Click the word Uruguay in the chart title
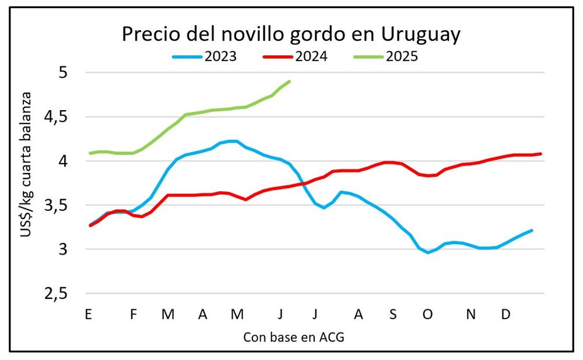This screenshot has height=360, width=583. click(x=420, y=34)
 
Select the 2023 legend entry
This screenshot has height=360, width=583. click(x=205, y=57)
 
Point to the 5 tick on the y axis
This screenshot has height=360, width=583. click(x=63, y=73)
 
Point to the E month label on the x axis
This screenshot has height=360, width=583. click(x=89, y=315)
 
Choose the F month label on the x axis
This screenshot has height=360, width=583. click(x=134, y=315)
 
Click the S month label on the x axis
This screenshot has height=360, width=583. click(x=393, y=315)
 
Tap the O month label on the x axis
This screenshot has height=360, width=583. click(x=428, y=315)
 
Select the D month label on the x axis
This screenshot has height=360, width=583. click(x=506, y=315)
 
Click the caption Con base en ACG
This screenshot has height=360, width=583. click(x=290, y=337)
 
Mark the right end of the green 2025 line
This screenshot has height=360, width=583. click(x=290, y=82)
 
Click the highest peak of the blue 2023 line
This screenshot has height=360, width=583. click(x=232, y=141)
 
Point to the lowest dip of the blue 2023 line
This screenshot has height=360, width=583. click(x=428, y=252)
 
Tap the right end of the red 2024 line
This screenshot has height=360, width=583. click(x=541, y=154)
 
